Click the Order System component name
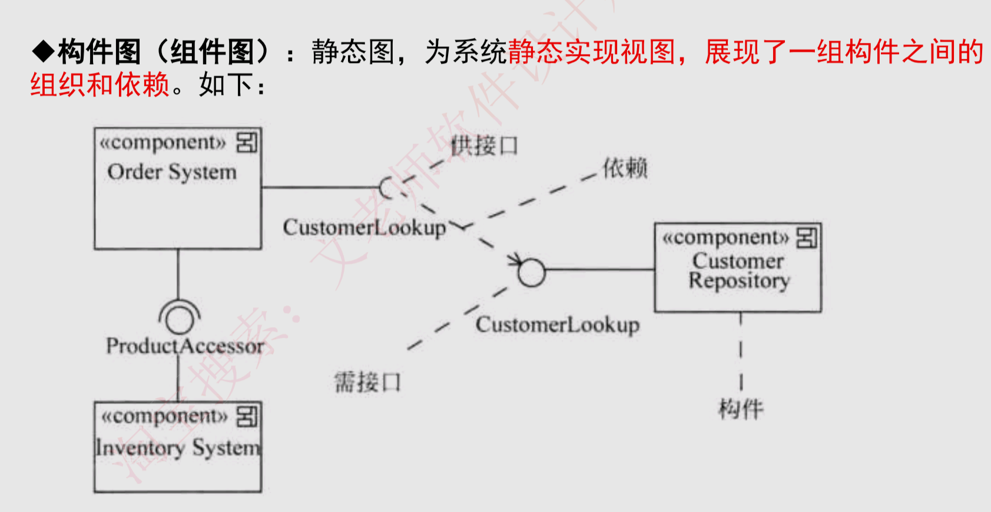[x=172, y=172]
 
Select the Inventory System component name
[x=177, y=448]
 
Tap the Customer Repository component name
[x=738, y=271]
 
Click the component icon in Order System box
[x=247, y=142]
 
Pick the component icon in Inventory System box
[x=247, y=416]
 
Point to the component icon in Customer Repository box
[x=807, y=238]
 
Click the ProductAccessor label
[x=185, y=346]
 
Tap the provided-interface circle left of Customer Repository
[x=531, y=272]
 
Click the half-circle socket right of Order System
[x=386, y=188]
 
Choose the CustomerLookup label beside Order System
[x=364, y=228]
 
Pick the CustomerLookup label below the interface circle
[x=557, y=325]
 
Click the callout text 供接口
[x=484, y=145]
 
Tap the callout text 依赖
[x=625, y=168]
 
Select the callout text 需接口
[x=367, y=383]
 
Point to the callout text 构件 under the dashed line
[x=741, y=408]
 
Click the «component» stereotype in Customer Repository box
[x=725, y=238]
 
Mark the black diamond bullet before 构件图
[x=44, y=52]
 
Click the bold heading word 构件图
[x=99, y=52]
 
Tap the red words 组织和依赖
[x=100, y=85]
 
